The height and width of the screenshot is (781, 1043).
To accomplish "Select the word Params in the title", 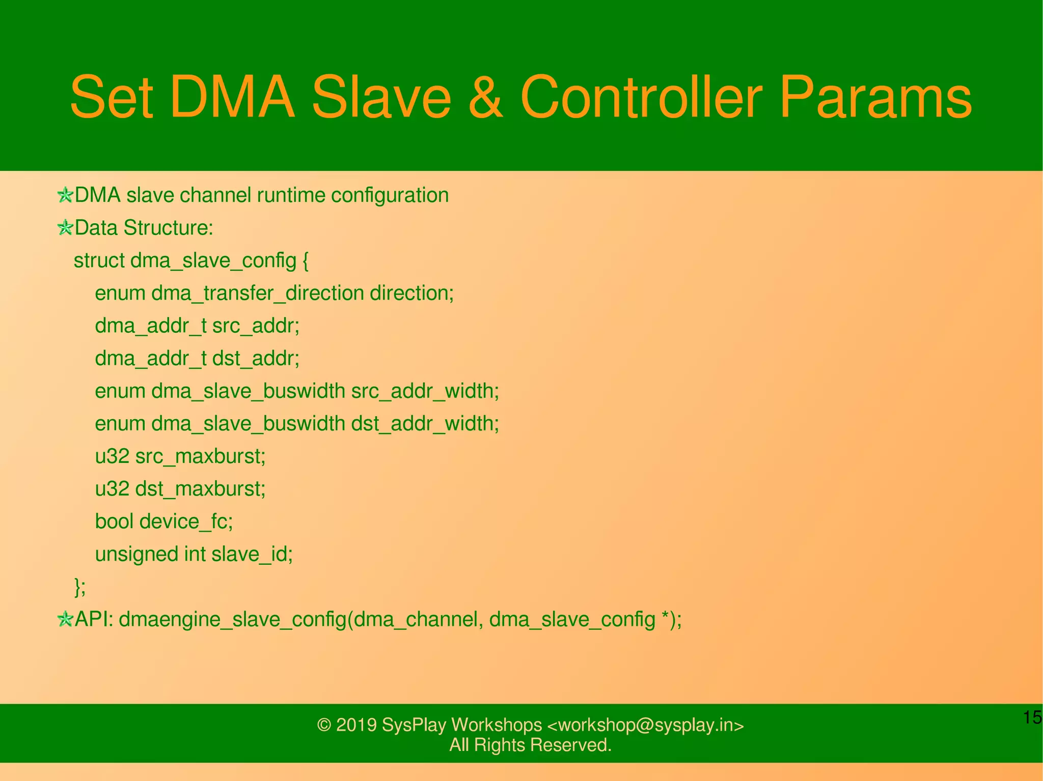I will click(x=875, y=98).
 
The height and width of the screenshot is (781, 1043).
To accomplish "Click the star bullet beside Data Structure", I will click(x=65, y=228).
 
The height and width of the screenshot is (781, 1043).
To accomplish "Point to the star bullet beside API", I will click(x=65, y=620).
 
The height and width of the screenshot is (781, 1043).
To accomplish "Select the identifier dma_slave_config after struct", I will click(x=213, y=261).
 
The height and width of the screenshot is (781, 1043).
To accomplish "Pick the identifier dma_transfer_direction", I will click(x=257, y=294).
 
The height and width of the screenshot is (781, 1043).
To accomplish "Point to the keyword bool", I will click(x=114, y=522).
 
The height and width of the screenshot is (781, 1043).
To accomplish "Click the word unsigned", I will click(x=136, y=555).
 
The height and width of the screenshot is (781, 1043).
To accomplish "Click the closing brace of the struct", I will click(x=78, y=587).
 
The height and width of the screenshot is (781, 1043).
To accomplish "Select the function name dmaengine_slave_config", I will click(x=232, y=620).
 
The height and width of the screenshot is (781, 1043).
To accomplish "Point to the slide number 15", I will click(x=1032, y=717).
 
